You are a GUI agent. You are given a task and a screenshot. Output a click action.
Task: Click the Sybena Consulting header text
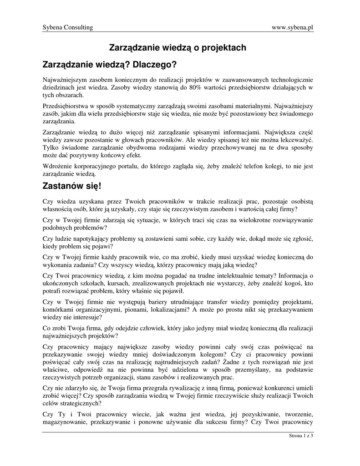[x=67, y=27]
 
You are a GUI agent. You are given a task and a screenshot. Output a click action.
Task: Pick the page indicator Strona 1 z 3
[x=301, y=436]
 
